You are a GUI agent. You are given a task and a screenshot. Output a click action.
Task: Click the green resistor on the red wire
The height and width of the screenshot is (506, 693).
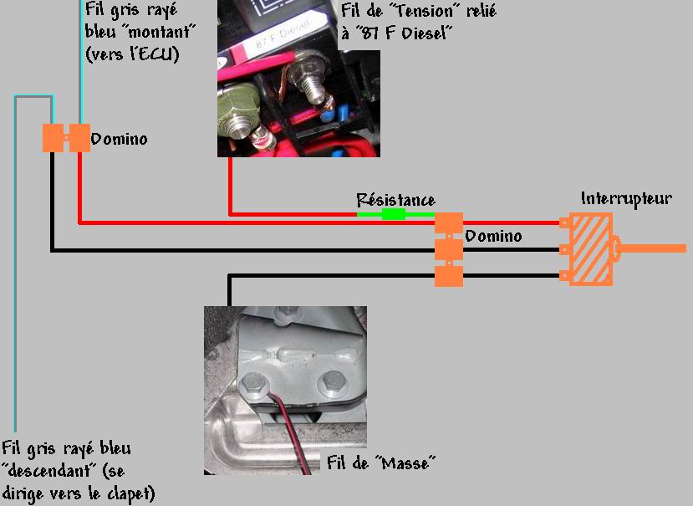pyautogui.click(x=393, y=214)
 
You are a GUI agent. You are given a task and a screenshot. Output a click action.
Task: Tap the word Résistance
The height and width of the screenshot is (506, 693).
pyautogui.click(x=395, y=200)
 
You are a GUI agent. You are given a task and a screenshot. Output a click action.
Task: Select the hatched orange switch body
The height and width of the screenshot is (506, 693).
pyautogui.click(x=591, y=248)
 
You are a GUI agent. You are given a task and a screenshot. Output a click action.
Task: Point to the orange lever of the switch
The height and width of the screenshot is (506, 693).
pyautogui.click(x=656, y=248)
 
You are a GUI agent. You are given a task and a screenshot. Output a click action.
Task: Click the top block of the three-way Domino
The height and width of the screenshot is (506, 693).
pyautogui.click(x=449, y=224)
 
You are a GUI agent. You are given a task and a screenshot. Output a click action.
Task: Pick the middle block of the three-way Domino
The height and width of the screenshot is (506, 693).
pyautogui.click(x=449, y=249)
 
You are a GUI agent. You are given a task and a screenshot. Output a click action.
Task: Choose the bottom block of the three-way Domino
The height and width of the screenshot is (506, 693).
pyautogui.click(x=449, y=274)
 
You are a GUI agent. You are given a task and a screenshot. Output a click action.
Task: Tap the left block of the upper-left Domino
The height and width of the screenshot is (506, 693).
pyautogui.click(x=54, y=138)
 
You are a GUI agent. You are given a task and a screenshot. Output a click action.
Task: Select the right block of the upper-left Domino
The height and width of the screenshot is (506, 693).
pyautogui.click(x=79, y=138)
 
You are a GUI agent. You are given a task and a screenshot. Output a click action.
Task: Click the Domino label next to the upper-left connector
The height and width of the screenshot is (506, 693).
pyautogui.click(x=119, y=139)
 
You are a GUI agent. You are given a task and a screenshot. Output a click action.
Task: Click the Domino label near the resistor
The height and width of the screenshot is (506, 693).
pyautogui.click(x=493, y=237)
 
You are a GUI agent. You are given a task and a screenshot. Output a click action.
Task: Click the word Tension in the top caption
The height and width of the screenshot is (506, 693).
pyautogui.click(x=423, y=13)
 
